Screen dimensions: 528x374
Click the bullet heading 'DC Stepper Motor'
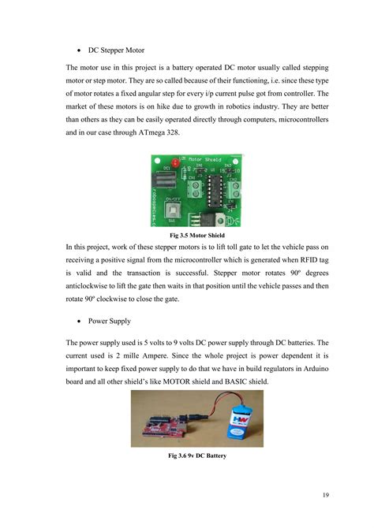[x=121, y=50]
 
